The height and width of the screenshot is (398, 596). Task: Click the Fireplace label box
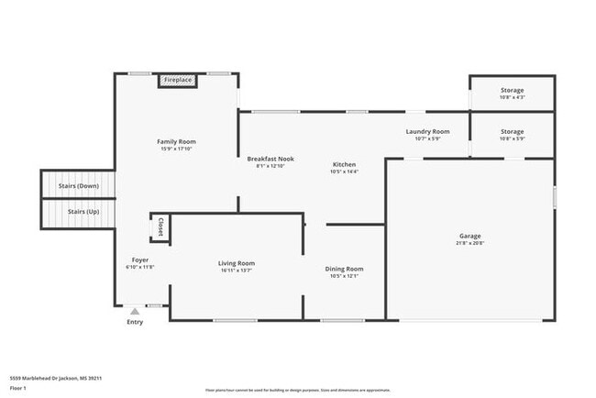(x=178, y=81)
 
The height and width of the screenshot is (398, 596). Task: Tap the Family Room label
(x=176, y=141)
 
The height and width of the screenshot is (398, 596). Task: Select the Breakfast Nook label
(x=270, y=159)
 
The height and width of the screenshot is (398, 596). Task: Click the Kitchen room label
(x=345, y=164)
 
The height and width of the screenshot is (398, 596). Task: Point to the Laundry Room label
(x=427, y=132)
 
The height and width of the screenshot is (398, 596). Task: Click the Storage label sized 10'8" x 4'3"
(x=512, y=90)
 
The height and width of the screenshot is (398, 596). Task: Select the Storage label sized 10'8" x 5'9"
(x=512, y=132)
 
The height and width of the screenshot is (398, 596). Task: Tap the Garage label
(x=469, y=237)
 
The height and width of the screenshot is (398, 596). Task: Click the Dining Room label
(x=345, y=269)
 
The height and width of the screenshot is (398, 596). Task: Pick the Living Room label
(x=237, y=264)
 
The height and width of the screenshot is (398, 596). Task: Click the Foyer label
(x=139, y=260)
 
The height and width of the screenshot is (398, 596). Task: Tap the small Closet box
(x=160, y=227)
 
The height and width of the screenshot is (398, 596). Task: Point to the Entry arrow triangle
(x=135, y=311)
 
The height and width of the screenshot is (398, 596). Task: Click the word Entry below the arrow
(x=135, y=322)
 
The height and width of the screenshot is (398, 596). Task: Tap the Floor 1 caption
(x=17, y=388)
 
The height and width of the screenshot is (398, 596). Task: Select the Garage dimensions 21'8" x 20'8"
(x=469, y=243)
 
